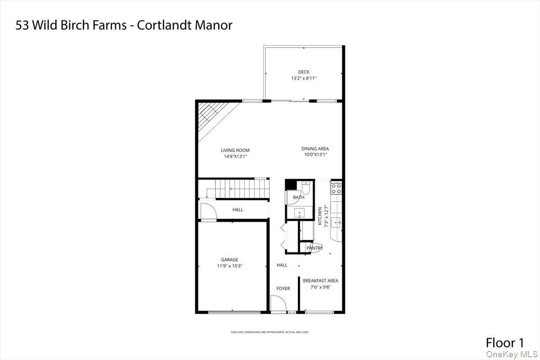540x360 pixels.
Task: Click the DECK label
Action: pyautogui.click(x=303, y=72)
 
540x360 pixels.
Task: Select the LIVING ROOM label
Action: pyautogui.click(x=235, y=150)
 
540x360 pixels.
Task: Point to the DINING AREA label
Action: pyautogui.click(x=315, y=148)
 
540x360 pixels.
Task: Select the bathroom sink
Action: pyautogui.click(x=299, y=213)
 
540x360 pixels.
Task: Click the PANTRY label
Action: pyautogui.click(x=315, y=248)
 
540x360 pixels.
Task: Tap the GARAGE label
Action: pyautogui.click(x=229, y=260)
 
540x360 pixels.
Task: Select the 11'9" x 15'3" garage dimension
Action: pyautogui.click(x=229, y=266)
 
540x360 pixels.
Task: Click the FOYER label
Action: pyautogui.click(x=283, y=288)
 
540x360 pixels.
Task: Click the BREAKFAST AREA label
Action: pyautogui.click(x=320, y=281)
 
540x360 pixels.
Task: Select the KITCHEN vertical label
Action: pyautogui.click(x=320, y=216)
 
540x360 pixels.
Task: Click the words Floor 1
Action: pyautogui.click(x=504, y=342)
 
